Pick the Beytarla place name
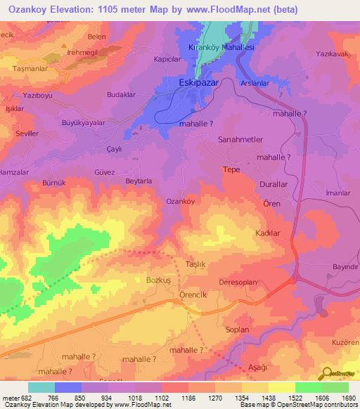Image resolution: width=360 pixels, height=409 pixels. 139,181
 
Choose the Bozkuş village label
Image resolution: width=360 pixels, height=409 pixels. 159,280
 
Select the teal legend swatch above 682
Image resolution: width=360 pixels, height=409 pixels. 41,387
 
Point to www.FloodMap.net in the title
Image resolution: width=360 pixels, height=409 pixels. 219,10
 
